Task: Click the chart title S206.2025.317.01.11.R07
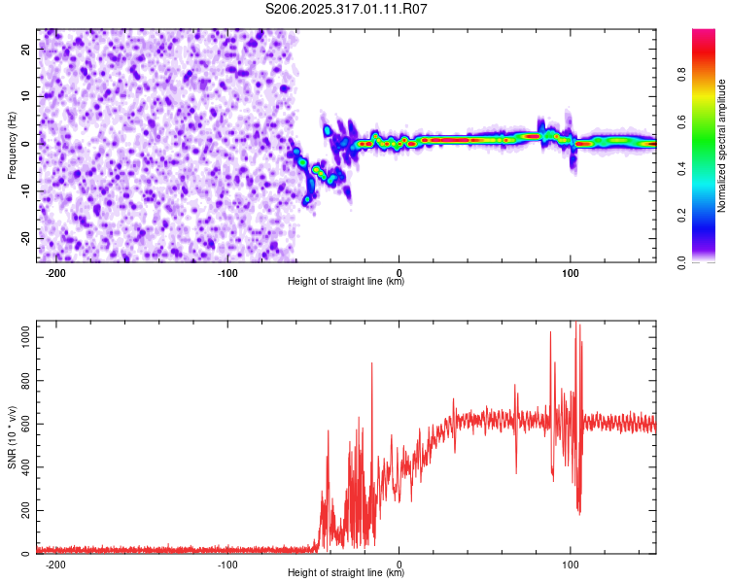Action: click(347, 10)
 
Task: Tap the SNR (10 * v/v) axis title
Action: click(12, 438)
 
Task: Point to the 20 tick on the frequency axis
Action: click(27, 48)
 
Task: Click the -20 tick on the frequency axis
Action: click(25, 238)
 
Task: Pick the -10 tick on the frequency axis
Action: click(25, 190)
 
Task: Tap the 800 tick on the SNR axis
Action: click(23, 378)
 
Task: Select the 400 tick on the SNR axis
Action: click(23, 466)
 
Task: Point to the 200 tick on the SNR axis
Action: click(23, 510)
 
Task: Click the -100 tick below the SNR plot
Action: click(227, 564)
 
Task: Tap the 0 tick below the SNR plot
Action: click(399, 564)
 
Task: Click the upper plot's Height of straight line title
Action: click(346, 282)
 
